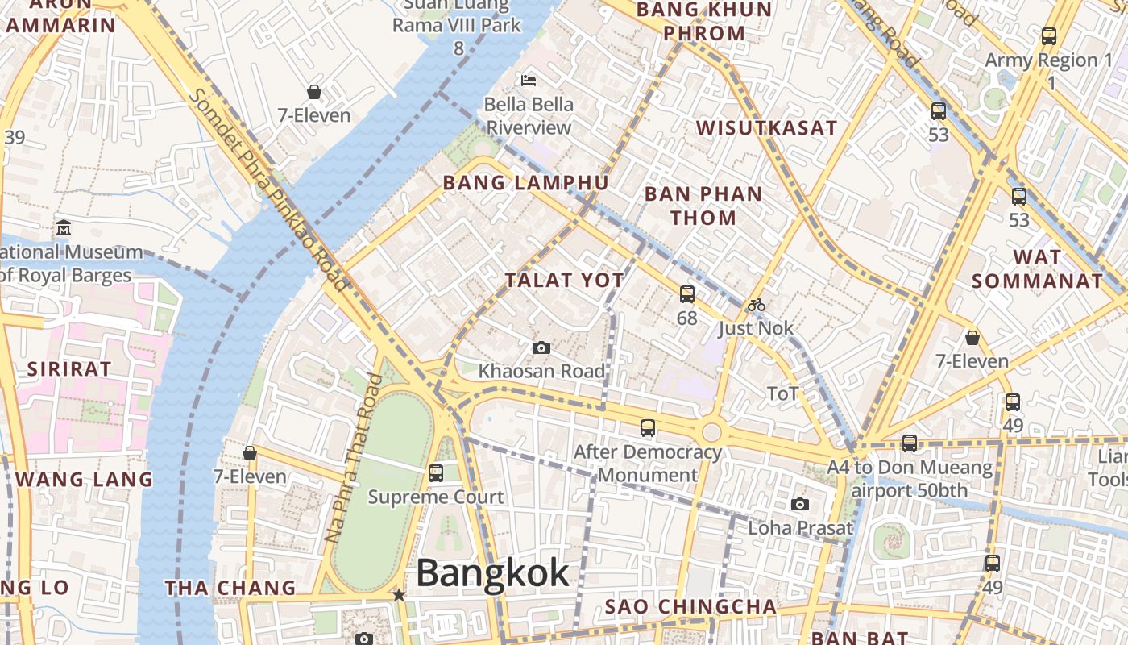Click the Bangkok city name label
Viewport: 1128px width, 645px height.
[492, 574]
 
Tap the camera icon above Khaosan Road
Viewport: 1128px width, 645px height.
[541, 347]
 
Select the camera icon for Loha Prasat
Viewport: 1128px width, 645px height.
[799, 504]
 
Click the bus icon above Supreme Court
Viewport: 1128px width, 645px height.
[436, 473]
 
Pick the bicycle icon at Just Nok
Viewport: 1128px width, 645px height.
[756, 305]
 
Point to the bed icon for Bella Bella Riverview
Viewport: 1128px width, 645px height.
[529, 80]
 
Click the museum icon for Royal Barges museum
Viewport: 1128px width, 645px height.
[64, 228]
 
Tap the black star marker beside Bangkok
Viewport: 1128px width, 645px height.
[398, 595]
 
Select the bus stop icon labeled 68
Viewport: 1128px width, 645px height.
[686, 294]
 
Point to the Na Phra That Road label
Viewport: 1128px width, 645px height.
[351, 457]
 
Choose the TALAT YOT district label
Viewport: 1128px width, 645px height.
[564, 280]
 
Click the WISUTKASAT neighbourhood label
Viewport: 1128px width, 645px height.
[766, 128]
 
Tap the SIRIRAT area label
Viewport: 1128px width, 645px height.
[69, 369]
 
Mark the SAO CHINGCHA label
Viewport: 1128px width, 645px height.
[690, 606]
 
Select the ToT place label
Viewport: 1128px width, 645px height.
[782, 393]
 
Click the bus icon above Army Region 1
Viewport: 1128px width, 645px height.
[1048, 36]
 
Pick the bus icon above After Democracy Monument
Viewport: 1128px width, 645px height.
[647, 428]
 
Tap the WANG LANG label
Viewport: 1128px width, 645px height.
[84, 479]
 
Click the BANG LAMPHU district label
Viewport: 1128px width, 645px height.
[525, 183]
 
